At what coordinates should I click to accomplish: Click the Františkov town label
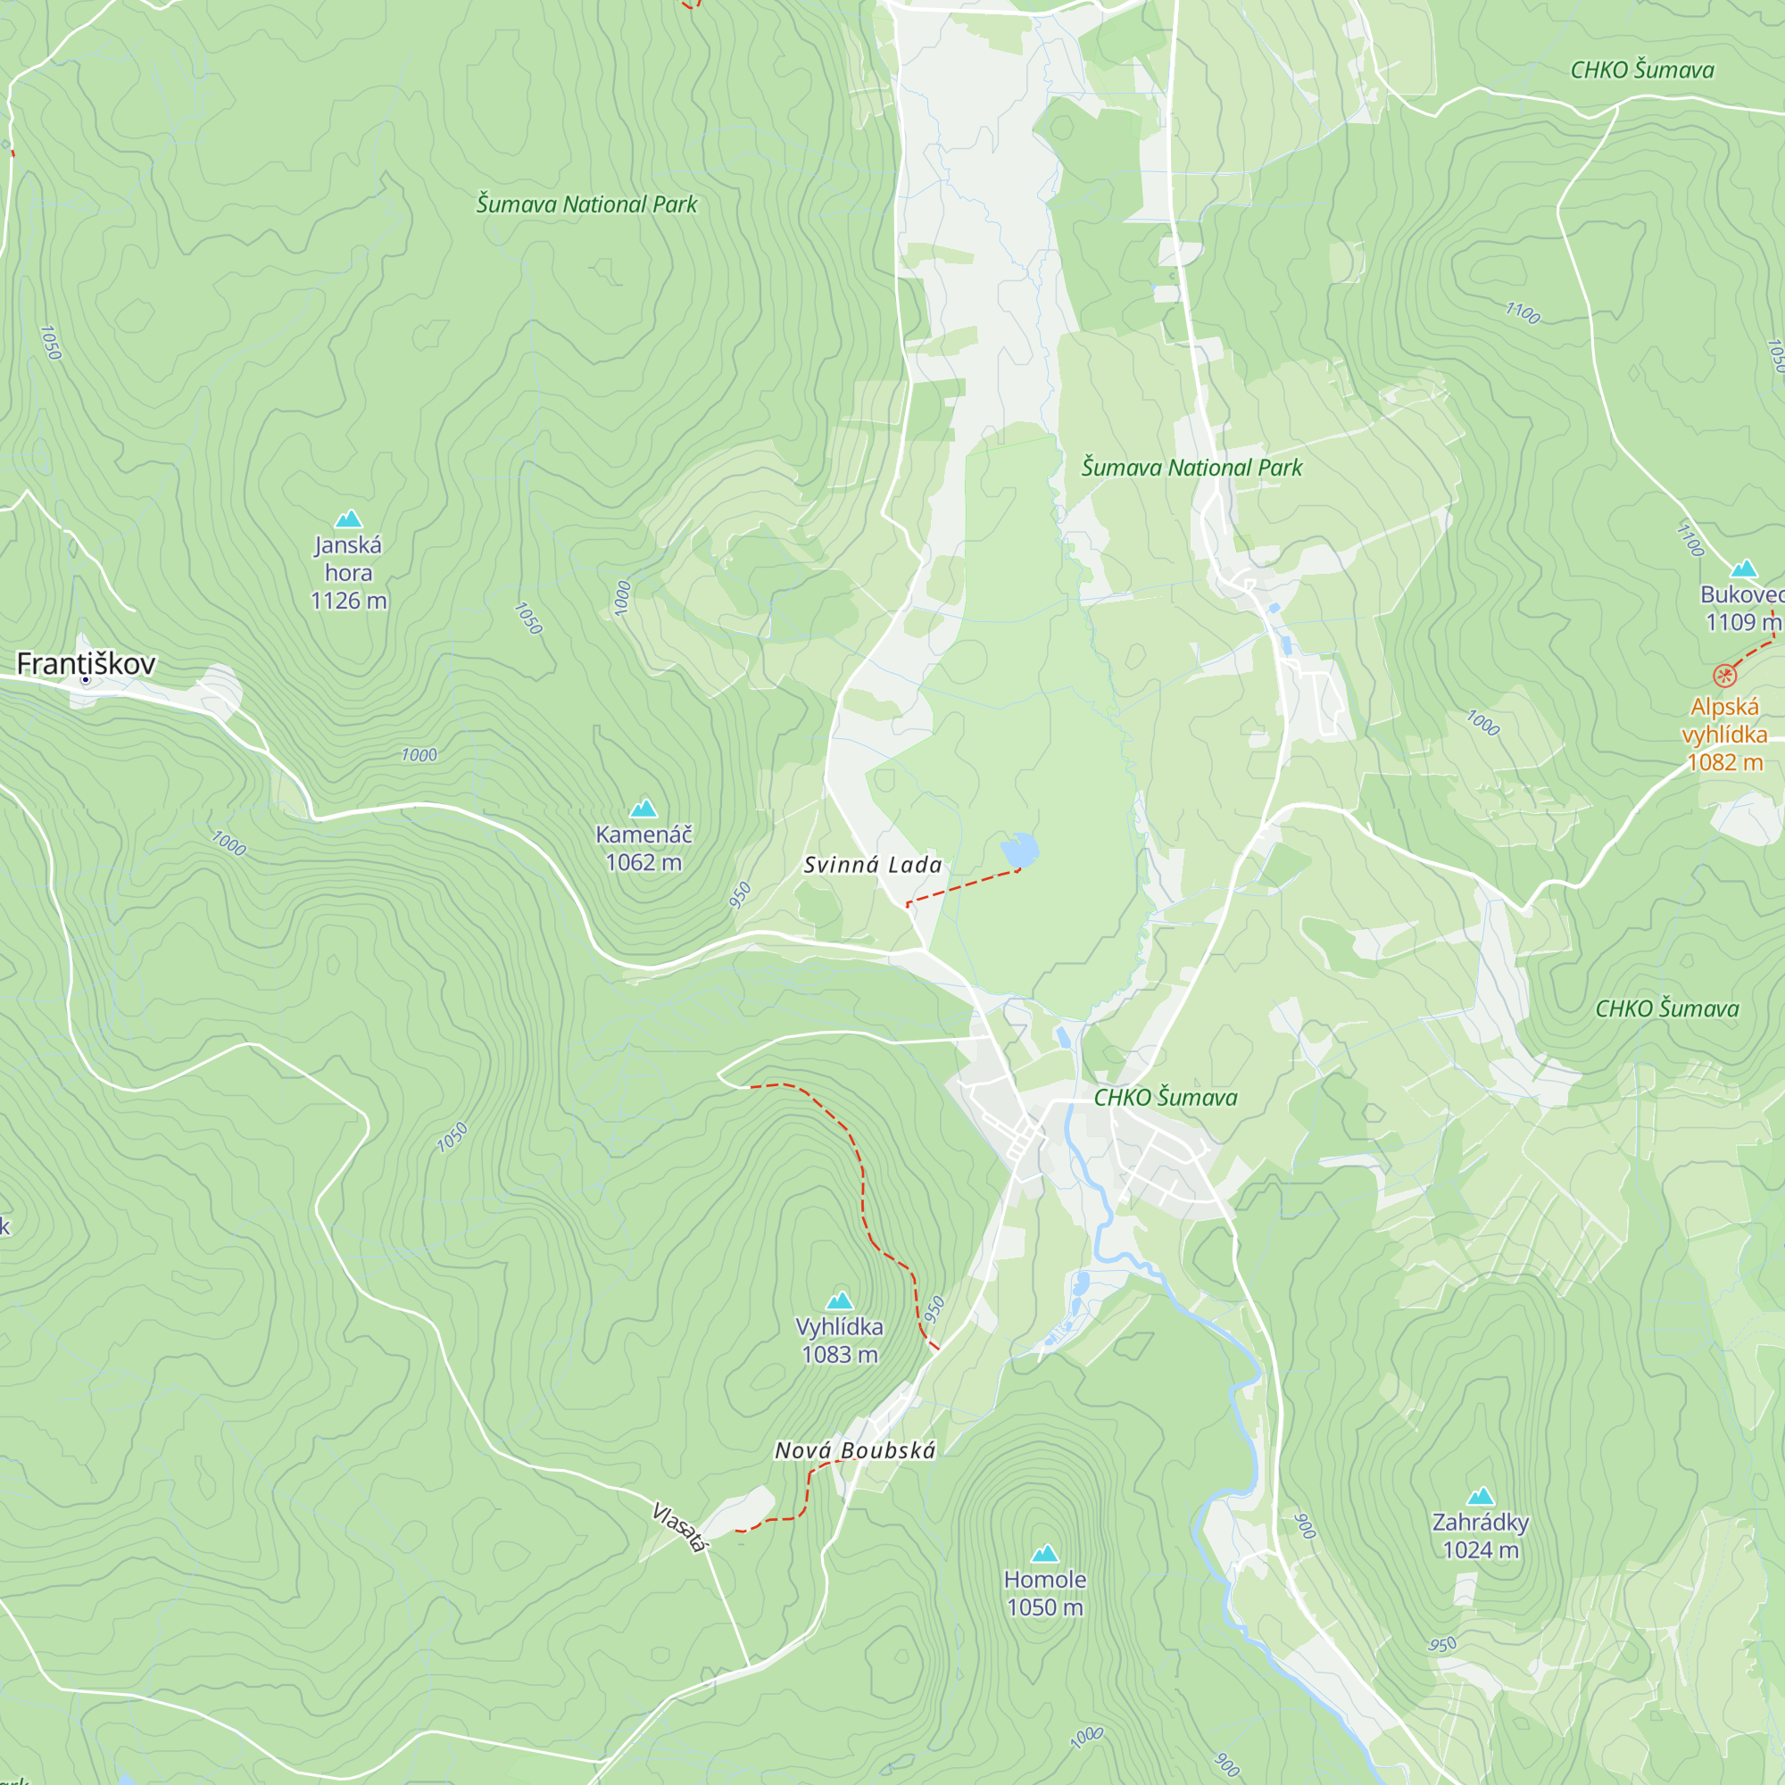[x=86, y=663]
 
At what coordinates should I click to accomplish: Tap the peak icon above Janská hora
[x=348, y=519]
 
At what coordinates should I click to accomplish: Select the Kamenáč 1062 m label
[x=643, y=848]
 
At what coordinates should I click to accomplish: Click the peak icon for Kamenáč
[x=643, y=809]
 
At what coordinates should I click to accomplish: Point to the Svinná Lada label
[x=872, y=866]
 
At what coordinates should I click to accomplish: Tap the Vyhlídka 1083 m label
[x=839, y=1341]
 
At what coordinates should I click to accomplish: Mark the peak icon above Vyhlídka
[x=839, y=1301]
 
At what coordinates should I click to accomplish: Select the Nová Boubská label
[x=855, y=1450]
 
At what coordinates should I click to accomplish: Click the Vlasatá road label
[x=680, y=1527]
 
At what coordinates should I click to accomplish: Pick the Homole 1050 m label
[x=1045, y=1594]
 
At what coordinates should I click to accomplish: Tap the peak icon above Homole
[x=1045, y=1554]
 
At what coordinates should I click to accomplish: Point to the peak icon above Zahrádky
[x=1480, y=1497]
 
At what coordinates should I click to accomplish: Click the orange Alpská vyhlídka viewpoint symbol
[x=1724, y=676]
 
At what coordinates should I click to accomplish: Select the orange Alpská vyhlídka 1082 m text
[x=1724, y=735]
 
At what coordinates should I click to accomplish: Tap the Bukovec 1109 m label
[x=1740, y=608]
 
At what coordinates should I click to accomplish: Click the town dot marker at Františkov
[x=86, y=680]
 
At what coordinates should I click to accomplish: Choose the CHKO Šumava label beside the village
[x=1165, y=1098]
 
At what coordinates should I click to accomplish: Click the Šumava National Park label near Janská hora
[x=585, y=204]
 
